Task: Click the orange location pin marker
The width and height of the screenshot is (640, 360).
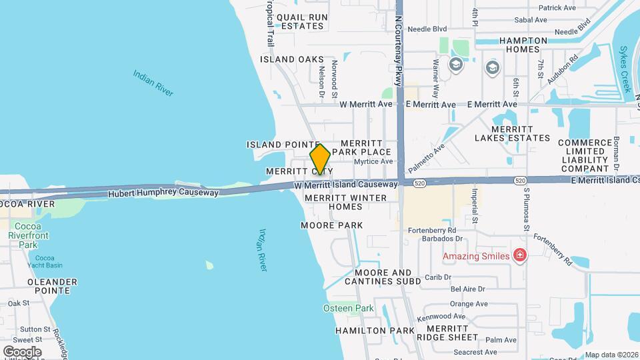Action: click(x=320, y=159)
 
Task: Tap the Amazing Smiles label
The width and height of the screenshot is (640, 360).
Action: click(x=477, y=256)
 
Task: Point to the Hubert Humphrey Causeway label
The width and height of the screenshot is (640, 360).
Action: click(x=163, y=193)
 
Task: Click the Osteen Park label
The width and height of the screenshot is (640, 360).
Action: click(x=348, y=308)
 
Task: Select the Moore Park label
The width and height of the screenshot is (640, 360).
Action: click(x=332, y=225)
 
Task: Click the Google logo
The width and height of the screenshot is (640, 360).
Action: click(x=21, y=351)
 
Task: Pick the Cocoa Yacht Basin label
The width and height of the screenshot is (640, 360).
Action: click(x=45, y=262)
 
